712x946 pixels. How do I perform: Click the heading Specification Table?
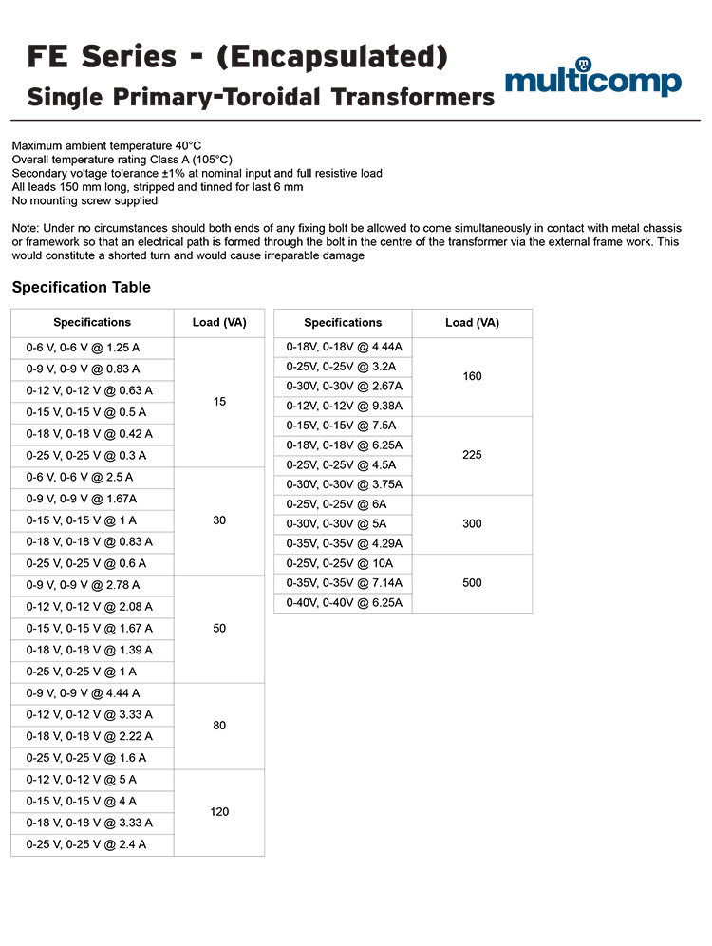pos(81,287)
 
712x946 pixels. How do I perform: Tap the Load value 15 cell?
pos(219,402)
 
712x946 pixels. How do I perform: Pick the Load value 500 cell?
pos(472,583)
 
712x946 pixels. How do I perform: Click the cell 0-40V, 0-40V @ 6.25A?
pos(344,603)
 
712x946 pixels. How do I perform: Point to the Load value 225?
pos(472,455)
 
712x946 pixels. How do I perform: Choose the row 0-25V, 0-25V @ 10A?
pos(344,563)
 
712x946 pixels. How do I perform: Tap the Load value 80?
pos(219,726)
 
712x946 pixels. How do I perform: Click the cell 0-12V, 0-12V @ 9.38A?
pos(344,406)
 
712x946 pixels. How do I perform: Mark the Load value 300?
pos(472,523)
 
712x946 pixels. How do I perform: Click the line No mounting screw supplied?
pos(84,200)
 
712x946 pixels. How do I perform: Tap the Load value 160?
pos(472,376)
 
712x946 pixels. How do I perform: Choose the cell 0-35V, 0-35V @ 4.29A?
pos(344,543)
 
